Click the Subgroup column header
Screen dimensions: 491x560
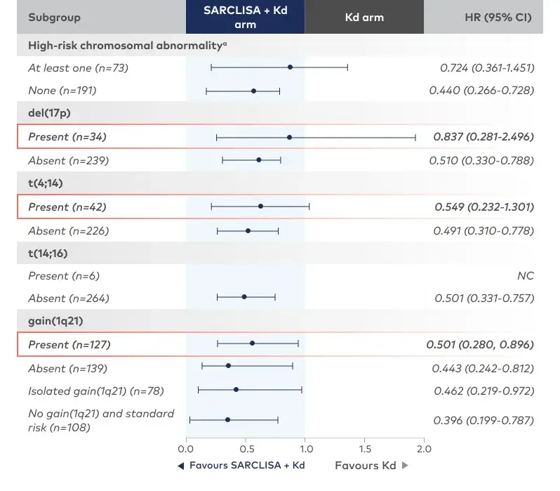[54, 17]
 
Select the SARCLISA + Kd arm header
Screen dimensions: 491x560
[245, 17]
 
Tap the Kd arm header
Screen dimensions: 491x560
[364, 17]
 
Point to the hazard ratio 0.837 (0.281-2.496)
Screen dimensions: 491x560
[484, 137]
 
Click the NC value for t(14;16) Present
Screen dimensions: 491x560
[525, 276]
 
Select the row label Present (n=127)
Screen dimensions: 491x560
[69, 345]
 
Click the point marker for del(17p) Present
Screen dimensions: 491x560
[289, 138]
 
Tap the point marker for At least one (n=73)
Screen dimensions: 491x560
[290, 67]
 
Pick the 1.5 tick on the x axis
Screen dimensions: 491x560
[364, 449]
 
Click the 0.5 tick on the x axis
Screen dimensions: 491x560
[245, 449]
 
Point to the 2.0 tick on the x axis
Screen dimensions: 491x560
[423, 449]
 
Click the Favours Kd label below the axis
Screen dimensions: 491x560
[366, 466]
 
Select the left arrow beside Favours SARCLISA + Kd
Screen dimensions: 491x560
[181, 466]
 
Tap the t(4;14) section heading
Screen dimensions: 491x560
[47, 183]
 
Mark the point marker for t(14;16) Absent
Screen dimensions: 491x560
[244, 297]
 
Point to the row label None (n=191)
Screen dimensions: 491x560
[62, 91]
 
